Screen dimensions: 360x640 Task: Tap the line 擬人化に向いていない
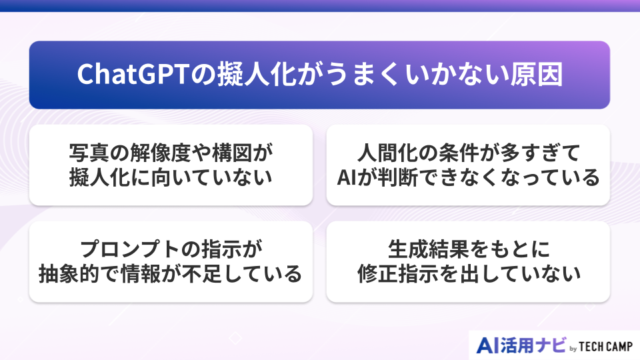pos(171,178)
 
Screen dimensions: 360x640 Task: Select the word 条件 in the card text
pos(461,153)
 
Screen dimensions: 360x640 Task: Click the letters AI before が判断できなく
pos(347,178)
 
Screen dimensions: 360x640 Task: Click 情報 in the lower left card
pos(148,274)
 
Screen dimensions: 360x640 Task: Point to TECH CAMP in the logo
pos(604,346)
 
